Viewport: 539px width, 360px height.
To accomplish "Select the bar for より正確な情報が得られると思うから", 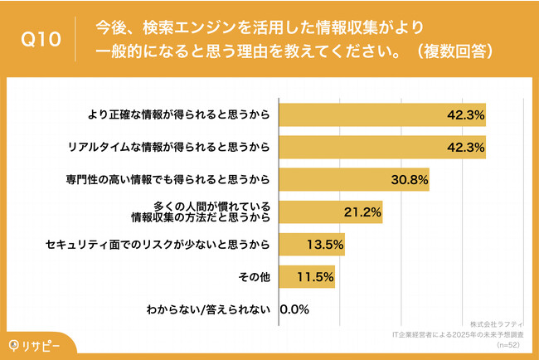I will pos(382,114).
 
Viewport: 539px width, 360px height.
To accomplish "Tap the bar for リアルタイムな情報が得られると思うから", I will pos(382,147).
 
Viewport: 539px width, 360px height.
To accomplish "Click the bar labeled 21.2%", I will pos(331,212).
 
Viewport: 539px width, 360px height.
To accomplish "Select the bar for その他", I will pos(308,276).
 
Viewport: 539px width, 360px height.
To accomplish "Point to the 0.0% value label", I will pos(295,309).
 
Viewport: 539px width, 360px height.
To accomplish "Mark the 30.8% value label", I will pos(410,179).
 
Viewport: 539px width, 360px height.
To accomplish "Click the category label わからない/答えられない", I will pos(221,309).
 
